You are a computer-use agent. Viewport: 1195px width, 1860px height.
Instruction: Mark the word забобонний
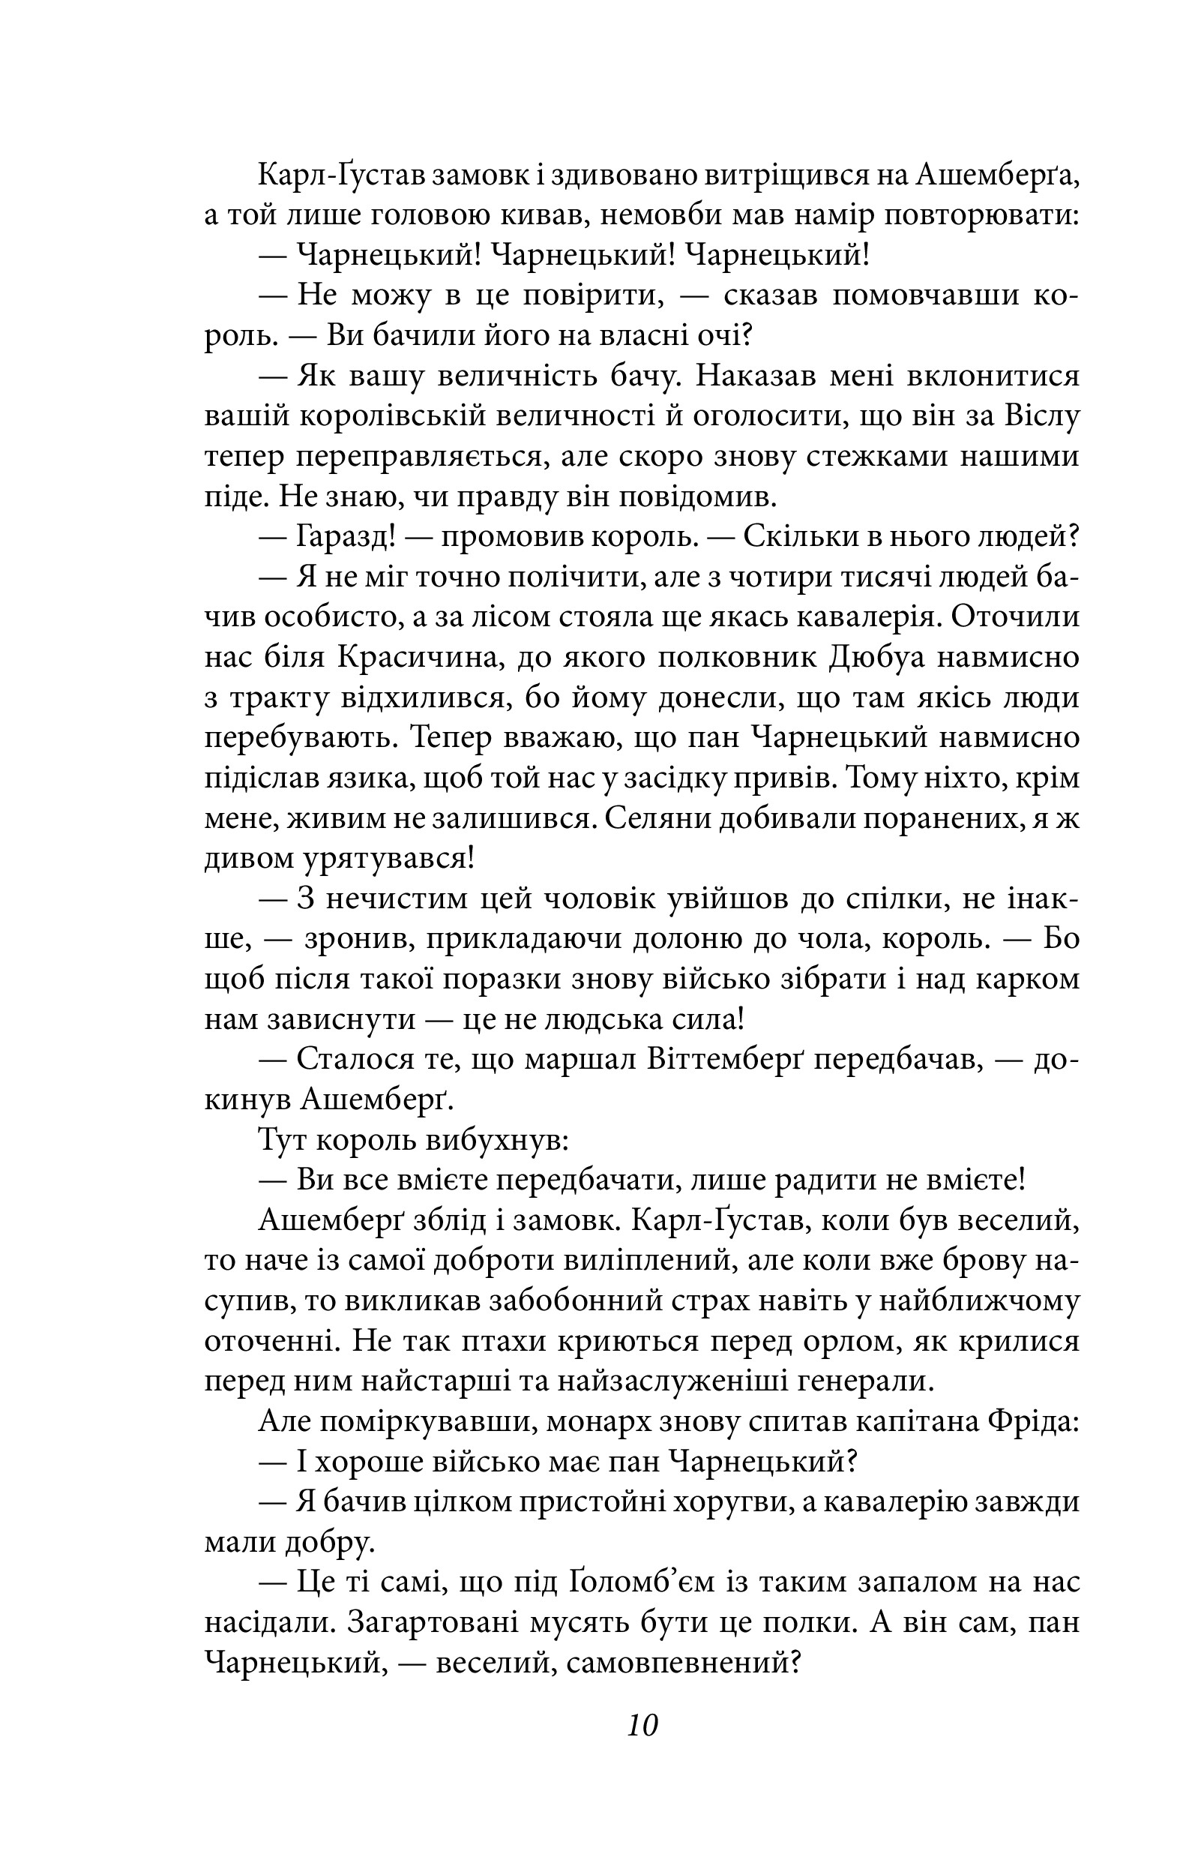tap(576, 1300)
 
